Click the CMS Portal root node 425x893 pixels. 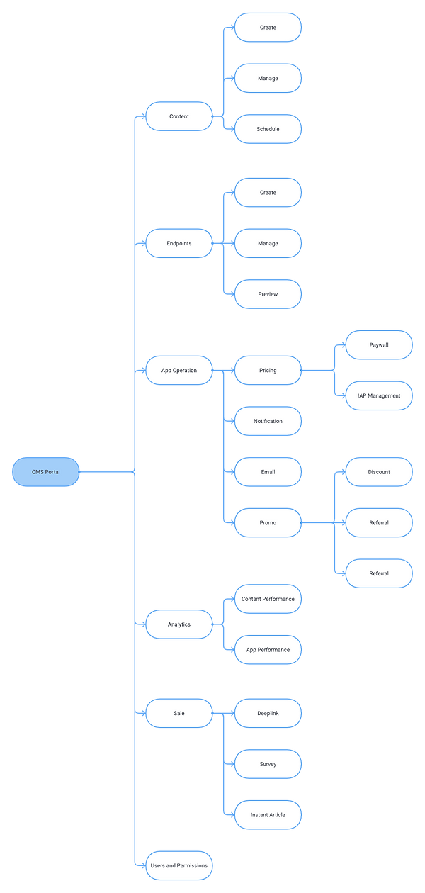coord(46,472)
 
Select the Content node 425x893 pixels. coord(179,116)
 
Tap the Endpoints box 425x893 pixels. coord(179,243)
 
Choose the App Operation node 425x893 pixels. coord(179,370)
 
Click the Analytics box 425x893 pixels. coord(179,624)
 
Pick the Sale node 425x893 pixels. coord(179,713)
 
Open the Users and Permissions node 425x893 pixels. coord(179,865)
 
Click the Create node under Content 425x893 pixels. coord(268,28)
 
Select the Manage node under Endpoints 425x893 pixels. coord(268,243)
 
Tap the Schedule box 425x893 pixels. coord(268,129)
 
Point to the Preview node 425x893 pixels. coord(268,294)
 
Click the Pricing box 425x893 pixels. coord(268,370)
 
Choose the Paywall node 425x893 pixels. coord(379,345)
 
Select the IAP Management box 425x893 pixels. coord(379,395)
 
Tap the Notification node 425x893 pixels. coord(268,421)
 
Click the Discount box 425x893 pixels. coord(379,472)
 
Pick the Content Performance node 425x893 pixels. coord(268,599)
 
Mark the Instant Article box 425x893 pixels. coord(268,815)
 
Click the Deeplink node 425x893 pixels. coord(268,713)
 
